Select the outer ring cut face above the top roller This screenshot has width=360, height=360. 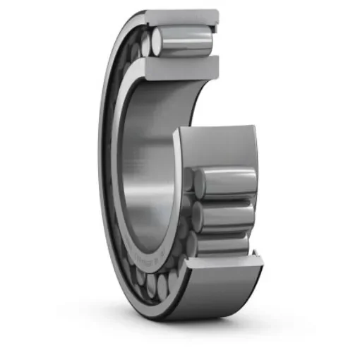pyautogui.click(x=182, y=16)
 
